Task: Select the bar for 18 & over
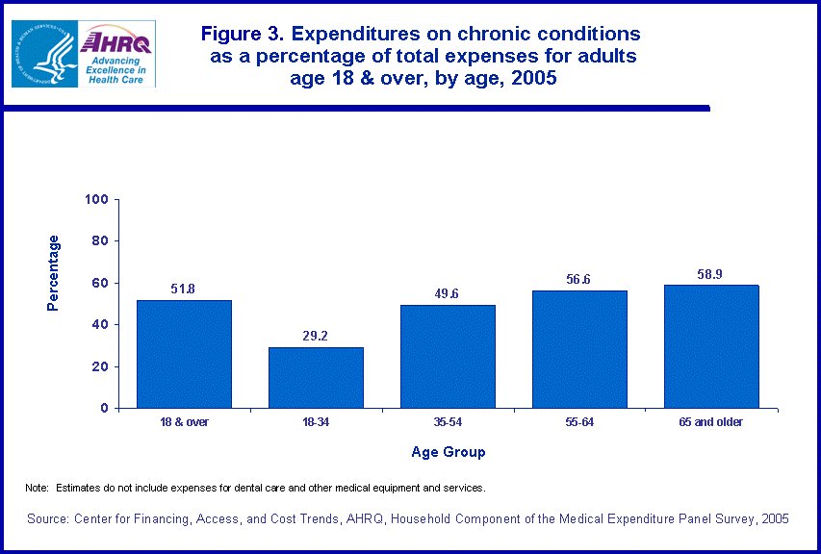pyautogui.click(x=184, y=354)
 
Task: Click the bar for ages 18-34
pyautogui.click(x=316, y=377)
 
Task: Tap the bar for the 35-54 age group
pyautogui.click(x=448, y=356)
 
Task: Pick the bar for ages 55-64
pyautogui.click(x=579, y=349)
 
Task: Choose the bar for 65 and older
pyautogui.click(x=711, y=346)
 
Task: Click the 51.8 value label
pyautogui.click(x=184, y=288)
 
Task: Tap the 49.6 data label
pyautogui.click(x=448, y=292)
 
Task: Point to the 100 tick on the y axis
pyautogui.click(x=96, y=200)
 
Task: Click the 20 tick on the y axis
pyautogui.click(x=100, y=366)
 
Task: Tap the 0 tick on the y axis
pyautogui.click(x=104, y=409)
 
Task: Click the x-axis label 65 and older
pyautogui.click(x=711, y=422)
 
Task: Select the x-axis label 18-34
pyautogui.click(x=316, y=422)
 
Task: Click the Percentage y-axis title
pyautogui.click(x=55, y=272)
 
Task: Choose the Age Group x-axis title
pyautogui.click(x=448, y=452)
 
